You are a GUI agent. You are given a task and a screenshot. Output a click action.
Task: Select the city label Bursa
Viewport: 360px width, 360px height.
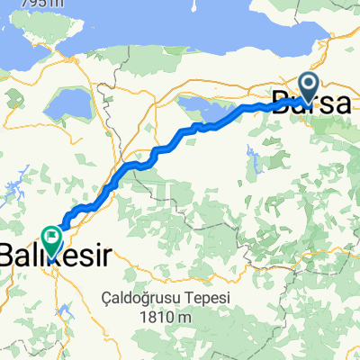pos(311,104)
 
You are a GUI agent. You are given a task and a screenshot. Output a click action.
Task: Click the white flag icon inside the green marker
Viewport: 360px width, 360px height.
pos(50,238)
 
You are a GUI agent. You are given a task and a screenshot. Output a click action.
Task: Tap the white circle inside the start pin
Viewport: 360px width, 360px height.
pos(308,85)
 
